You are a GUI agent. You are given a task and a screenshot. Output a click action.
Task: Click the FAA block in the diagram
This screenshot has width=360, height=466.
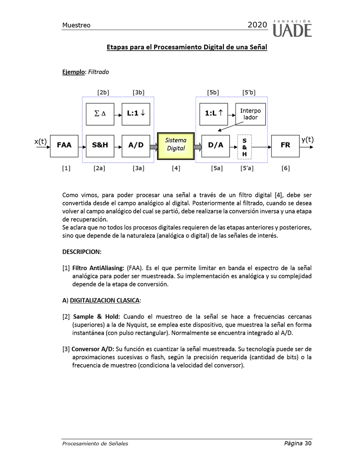point(64,145)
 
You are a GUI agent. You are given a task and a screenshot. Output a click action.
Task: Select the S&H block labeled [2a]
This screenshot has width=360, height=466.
point(100,145)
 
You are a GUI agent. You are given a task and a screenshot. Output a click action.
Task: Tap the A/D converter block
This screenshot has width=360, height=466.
point(136,145)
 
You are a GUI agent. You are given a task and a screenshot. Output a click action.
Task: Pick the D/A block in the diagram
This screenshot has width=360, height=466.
point(215,145)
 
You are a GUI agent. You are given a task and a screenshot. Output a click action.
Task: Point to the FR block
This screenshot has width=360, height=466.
point(286,145)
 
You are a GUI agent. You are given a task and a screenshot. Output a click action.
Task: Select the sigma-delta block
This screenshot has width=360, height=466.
point(100,113)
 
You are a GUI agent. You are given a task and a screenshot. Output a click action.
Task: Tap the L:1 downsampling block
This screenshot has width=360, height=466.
point(136,113)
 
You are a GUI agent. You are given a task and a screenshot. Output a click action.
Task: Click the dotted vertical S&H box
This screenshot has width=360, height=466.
point(245,147)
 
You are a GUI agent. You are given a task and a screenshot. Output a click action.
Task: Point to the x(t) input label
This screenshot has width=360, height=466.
point(41,141)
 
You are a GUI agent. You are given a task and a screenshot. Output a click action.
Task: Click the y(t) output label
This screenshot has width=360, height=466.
point(308,140)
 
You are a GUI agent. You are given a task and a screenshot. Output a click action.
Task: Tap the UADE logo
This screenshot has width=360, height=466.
point(292,29)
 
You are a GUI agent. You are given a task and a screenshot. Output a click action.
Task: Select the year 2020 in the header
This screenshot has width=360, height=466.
point(257,25)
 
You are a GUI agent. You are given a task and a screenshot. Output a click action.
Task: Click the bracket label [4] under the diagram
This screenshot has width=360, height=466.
point(176,168)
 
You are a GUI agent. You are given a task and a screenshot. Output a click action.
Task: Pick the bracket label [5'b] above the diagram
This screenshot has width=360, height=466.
point(249,93)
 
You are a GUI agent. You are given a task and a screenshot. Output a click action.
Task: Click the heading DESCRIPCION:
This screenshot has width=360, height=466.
point(82,252)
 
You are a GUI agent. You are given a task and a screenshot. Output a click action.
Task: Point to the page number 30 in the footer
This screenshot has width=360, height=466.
point(308,443)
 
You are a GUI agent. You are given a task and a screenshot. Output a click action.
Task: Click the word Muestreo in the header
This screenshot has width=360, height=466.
point(76,25)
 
